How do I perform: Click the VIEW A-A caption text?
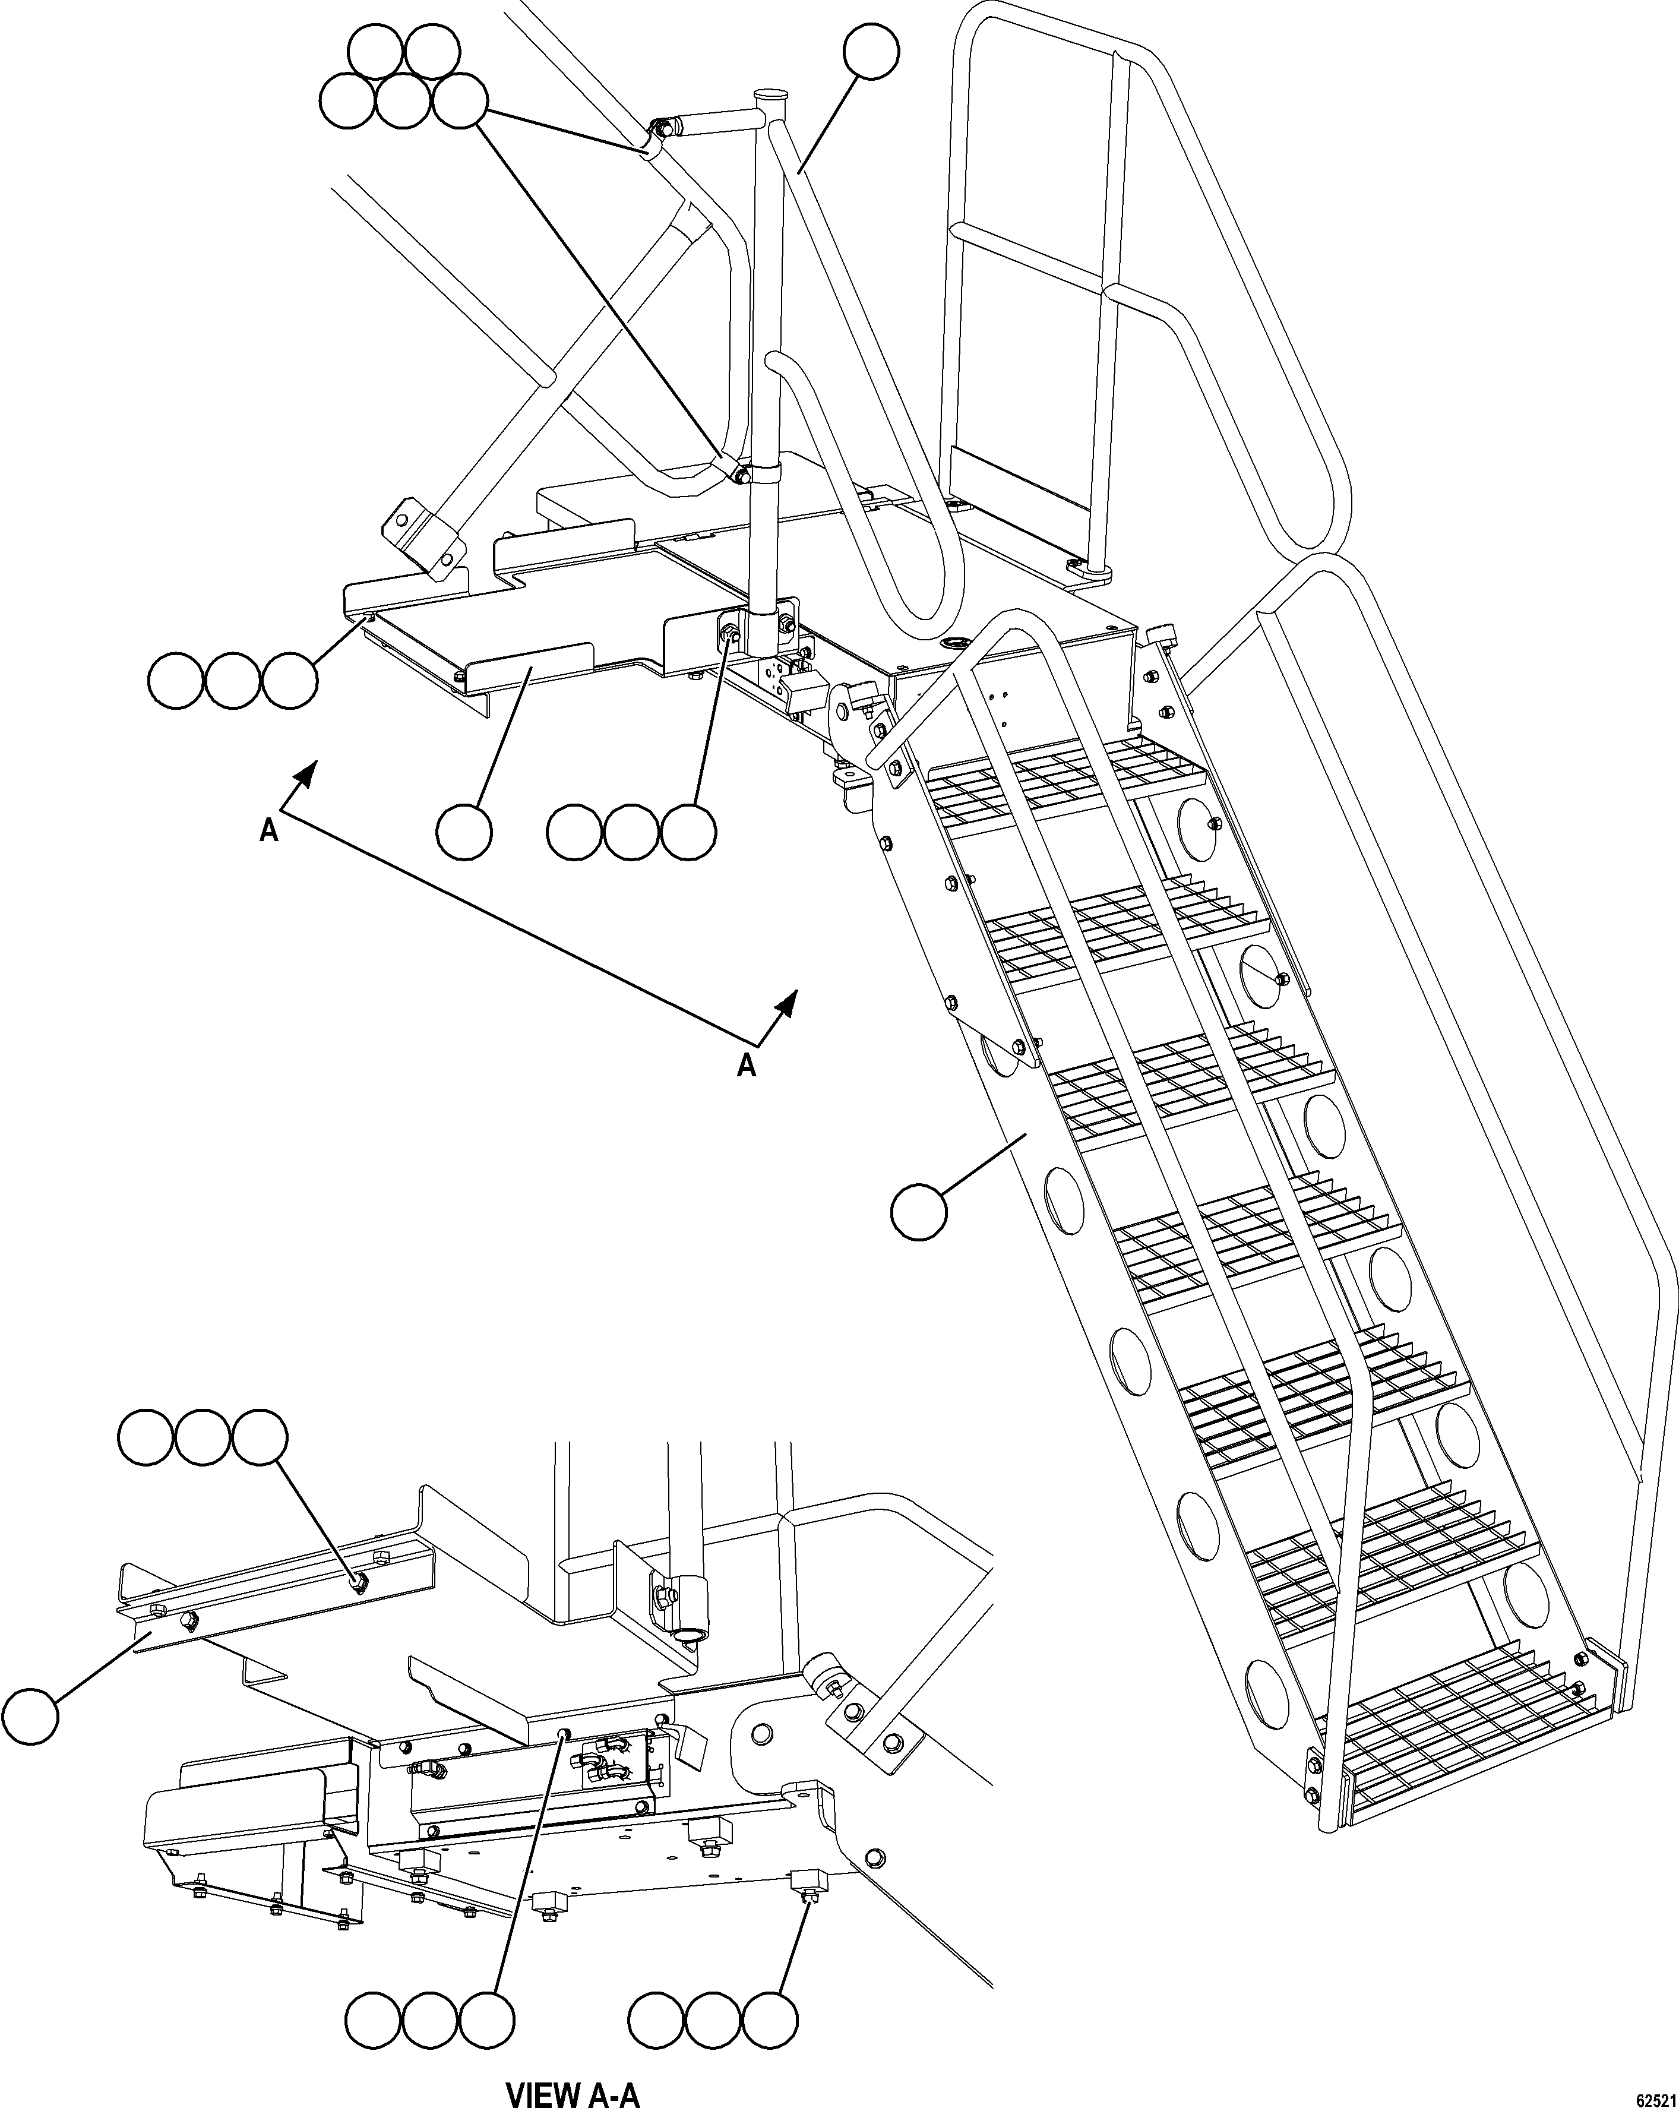pyautogui.click(x=573, y=2088)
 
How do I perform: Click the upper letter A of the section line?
pyautogui.click(x=269, y=831)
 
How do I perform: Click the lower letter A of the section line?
pyautogui.click(x=746, y=1066)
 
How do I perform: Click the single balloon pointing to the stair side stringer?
pyautogui.click(x=919, y=1212)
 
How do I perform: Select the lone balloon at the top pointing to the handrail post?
pyautogui.click(x=871, y=52)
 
